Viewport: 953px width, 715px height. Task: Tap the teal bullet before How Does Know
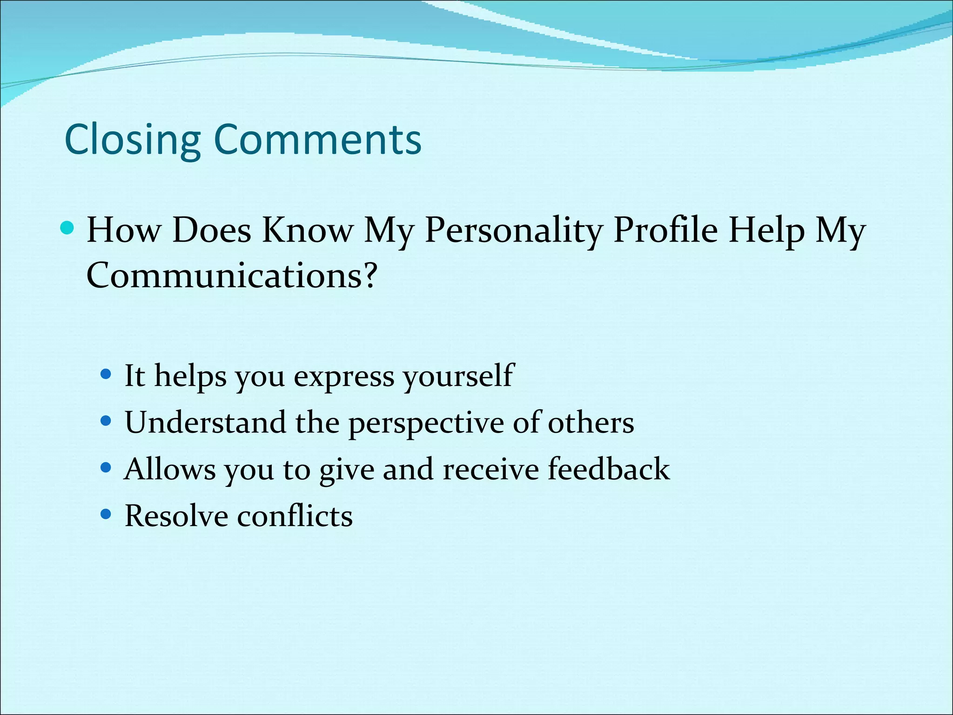[67, 228]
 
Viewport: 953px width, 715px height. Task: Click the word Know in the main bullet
[307, 230]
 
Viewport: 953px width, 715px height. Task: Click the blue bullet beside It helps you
[106, 374]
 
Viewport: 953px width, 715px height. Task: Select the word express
[344, 376]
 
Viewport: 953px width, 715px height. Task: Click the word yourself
[458, 376]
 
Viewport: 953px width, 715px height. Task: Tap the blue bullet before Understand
[106, 421]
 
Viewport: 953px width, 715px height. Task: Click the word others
[591, 423]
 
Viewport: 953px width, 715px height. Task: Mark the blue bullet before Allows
[106, 467]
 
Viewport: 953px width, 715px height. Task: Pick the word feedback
[609, 469]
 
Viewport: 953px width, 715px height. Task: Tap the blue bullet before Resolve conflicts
[106, 514]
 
